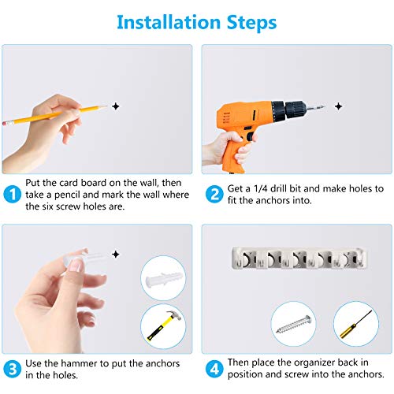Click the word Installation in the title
(169, 22)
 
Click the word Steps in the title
(251, 23)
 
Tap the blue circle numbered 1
(13, 195)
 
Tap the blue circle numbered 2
(214, 195)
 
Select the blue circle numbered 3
(13, 369)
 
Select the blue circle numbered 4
(214, 369)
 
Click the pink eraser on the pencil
(6, 122)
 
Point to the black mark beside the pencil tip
(116, 106)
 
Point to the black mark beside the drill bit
(339, 106)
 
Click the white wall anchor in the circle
(163, 280)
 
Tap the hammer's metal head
(173, 316)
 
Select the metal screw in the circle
(293, 325)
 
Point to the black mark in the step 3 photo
(116, 255)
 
